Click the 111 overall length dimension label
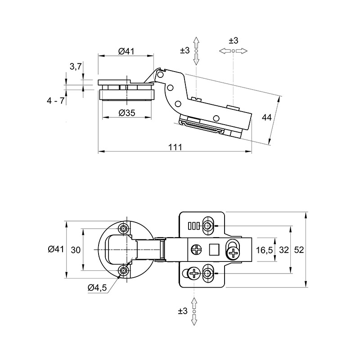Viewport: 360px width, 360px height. pos(175,147)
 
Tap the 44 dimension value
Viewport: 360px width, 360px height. pos(266,117)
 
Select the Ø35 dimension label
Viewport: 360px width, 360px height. pos(127,113)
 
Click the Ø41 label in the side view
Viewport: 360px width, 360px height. pos(126,51)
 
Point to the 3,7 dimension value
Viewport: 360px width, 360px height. pos(76,67)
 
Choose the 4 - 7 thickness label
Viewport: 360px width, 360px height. pos(55,101)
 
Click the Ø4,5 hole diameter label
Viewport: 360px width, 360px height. pos(97,288)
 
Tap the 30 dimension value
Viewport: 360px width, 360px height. pos(76,250)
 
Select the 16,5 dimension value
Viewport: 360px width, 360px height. pos(264,250)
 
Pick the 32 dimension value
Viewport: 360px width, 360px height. pos(284,250)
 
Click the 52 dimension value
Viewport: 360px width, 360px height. pos(299,250)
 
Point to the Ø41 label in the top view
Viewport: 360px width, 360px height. pos(56,249)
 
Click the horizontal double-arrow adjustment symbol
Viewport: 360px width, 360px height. pos(233,51)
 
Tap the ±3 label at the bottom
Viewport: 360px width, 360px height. pos(183,311)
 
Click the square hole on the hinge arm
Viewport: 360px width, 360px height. pos(214,249)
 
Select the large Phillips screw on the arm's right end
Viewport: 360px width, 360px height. pos(234,253)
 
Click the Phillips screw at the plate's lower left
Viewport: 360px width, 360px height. pos(194,273)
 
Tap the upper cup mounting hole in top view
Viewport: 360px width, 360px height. pos(123,229)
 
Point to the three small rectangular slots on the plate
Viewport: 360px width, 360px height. pos(194,226)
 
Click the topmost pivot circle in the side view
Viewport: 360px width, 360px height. pos(160,75)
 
